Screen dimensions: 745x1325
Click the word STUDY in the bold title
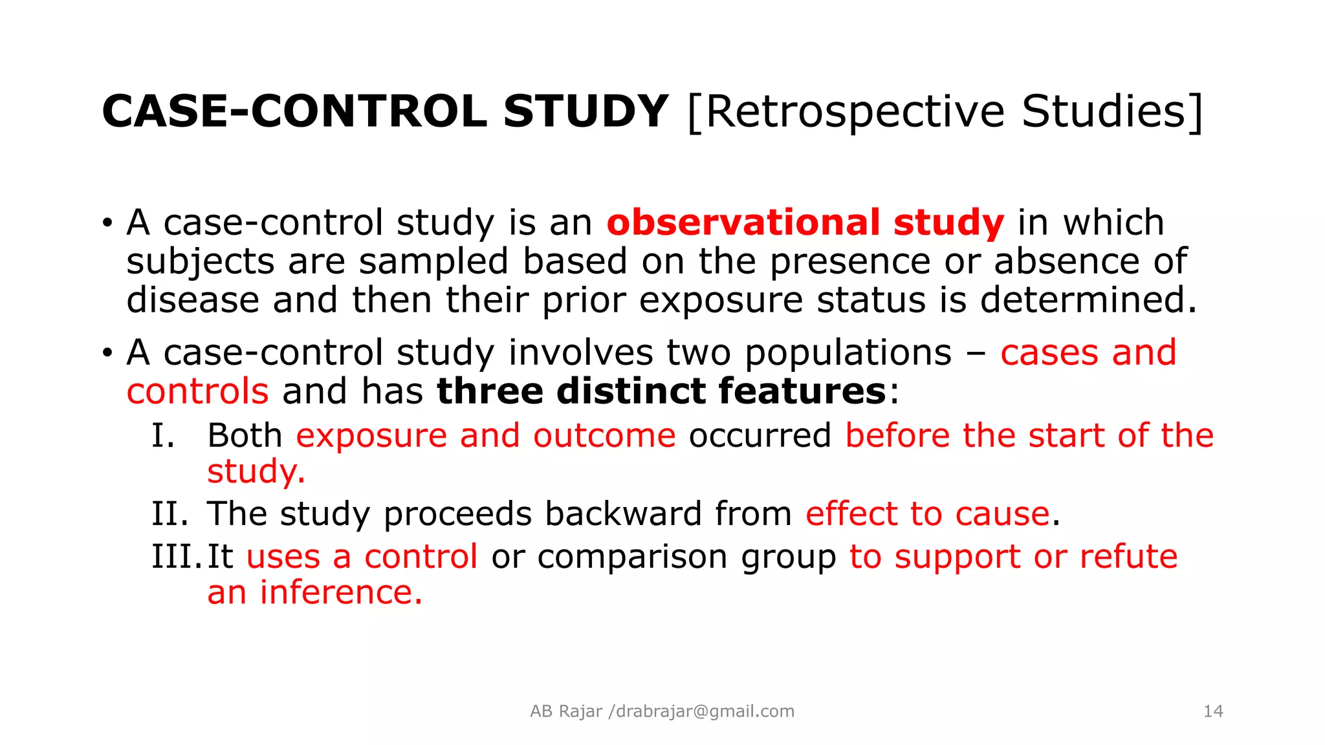(585, 111)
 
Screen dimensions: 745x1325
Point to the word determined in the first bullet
(1088, 300)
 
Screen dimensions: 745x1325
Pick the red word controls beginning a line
(197, 392)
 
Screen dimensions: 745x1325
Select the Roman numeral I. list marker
(163, 436)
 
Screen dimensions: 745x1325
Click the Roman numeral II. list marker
(170, 514)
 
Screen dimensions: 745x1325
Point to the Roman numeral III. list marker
(177, 557)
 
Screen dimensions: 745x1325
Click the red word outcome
(604, 436)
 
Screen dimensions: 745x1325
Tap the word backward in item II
(622, 514)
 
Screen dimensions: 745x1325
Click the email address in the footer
(705, 711)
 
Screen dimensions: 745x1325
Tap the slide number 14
(1213, 711)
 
